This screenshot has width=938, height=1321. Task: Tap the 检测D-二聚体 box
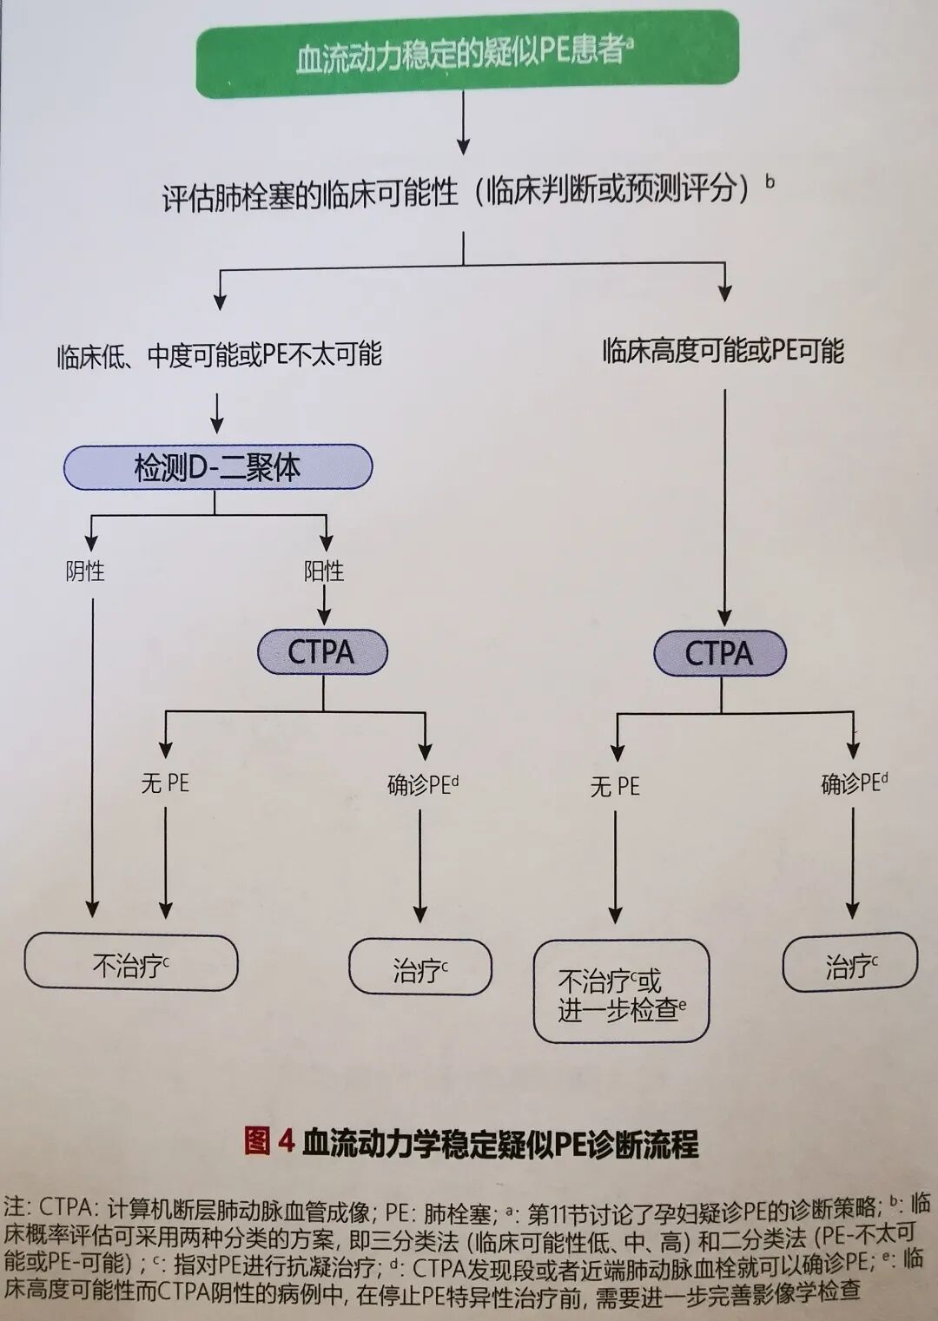(217, 468)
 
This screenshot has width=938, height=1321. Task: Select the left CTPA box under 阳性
(322, 652)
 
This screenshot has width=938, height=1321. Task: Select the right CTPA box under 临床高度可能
(720, 654)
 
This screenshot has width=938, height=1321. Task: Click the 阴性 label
(85, 571)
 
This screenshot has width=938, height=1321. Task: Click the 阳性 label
(324, 571)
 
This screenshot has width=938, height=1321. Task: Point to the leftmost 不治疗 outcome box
(130, 963)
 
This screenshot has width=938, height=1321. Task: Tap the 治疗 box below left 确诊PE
(420, 967)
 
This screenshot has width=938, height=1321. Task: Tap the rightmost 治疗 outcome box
(850, 964)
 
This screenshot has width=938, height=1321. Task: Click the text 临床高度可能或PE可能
(723, 351)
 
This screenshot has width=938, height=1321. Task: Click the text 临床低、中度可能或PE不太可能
(219, 355)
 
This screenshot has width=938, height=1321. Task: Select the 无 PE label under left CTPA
(165, 783)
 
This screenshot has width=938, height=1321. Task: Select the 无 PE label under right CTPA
(615, 787)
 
